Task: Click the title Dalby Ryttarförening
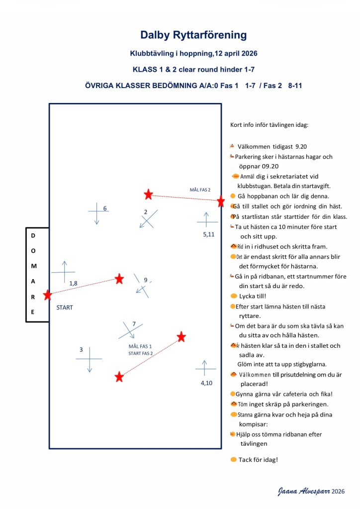tap(193, 35)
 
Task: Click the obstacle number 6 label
tap(105, 208)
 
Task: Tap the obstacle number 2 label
tap(146, 212)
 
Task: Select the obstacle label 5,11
tap(208, 234)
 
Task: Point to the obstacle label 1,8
tap(73, 283)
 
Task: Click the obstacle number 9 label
tap(146, 280)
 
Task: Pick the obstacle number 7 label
tap(134, 324)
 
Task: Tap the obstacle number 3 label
tap(81, 350)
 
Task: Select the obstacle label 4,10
tap(206, 383)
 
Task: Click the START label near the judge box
tap(65, 307)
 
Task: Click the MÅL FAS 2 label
tap(200, 190)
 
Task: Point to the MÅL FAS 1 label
tap(140, 346)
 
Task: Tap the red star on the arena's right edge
tap(221, 202)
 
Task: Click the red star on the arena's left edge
tap(47, 295)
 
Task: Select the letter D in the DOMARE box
tap(33, 235)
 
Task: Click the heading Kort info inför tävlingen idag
tap(270, 124)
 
